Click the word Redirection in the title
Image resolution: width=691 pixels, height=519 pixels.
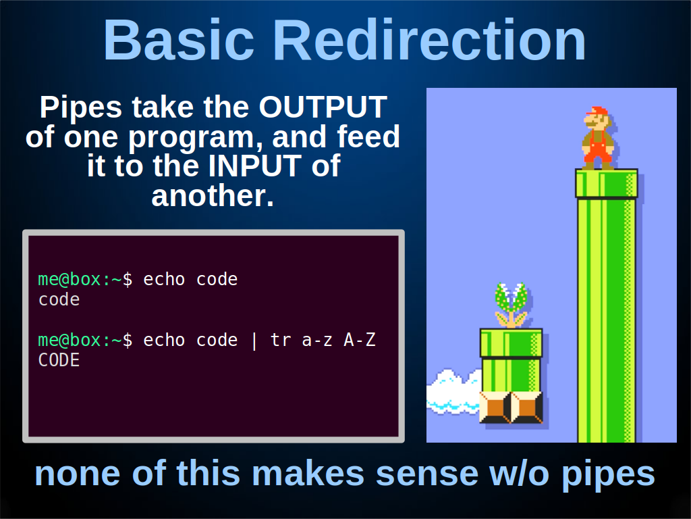pos(429,40)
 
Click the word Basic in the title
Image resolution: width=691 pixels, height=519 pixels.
pos(178,40)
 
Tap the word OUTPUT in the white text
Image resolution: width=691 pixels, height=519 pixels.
pos(323,107)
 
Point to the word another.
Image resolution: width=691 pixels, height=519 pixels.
pos(213,195)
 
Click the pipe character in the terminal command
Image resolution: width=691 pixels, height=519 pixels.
pos(254,341)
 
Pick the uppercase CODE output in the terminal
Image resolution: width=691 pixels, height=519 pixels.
pos(59,361)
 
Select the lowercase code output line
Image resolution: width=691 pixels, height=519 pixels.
pos(59,300)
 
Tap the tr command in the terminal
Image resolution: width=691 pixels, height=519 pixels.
pos(281,341)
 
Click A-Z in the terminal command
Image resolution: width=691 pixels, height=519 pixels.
pos(360,341)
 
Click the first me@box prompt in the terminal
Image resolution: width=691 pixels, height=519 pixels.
pos(70,279)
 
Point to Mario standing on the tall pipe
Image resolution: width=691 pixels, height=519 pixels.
pos(598,138)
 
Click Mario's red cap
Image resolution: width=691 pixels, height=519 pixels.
pos(598,111)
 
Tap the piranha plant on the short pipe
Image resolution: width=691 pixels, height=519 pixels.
pos(512,305)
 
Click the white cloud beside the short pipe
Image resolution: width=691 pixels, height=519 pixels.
pos(453,392)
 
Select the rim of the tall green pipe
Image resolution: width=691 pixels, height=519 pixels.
pos(607,183)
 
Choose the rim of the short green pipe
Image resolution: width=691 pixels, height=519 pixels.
pos(512,343)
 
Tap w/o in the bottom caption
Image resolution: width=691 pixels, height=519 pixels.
pos(520,473)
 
